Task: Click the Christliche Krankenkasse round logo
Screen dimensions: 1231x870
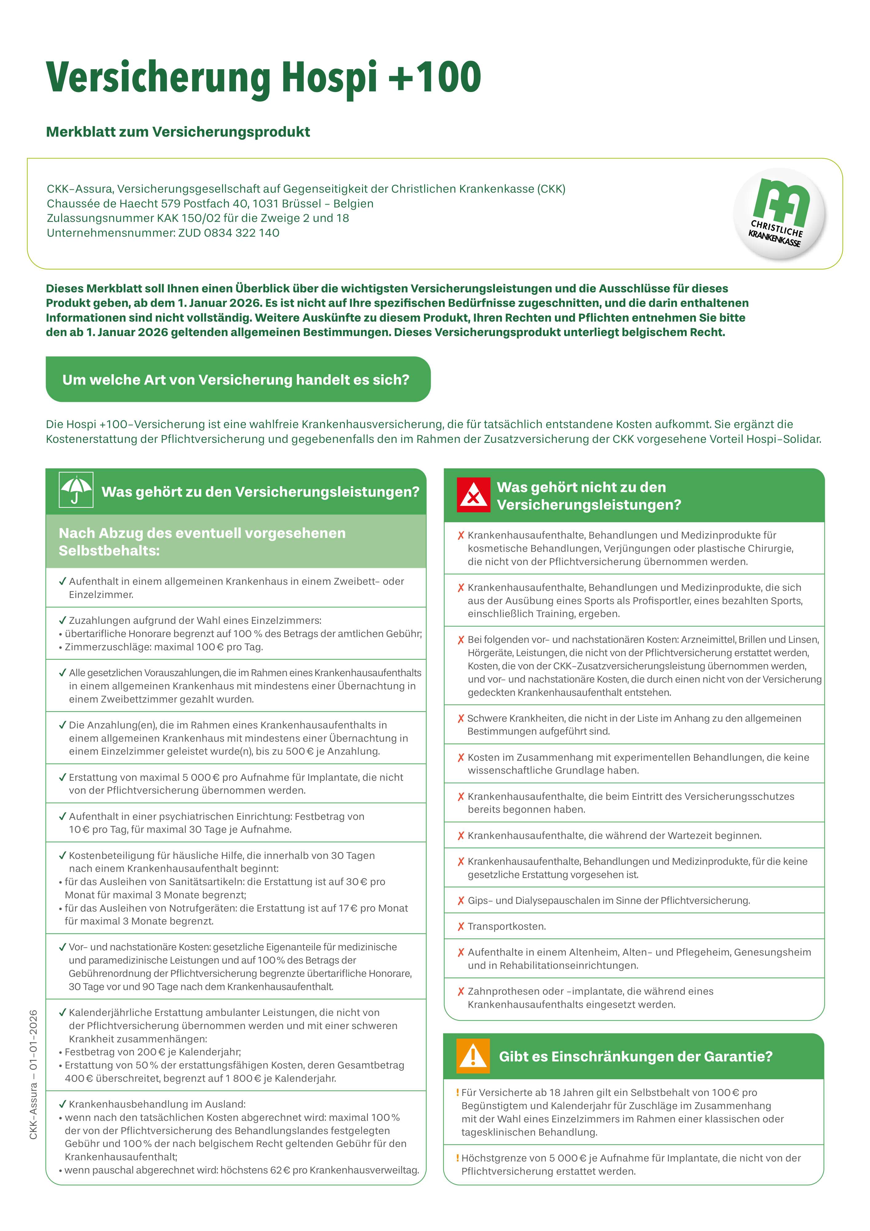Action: point(779,215)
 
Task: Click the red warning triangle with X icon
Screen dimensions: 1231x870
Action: point(473,494)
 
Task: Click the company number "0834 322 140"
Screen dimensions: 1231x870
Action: point(242,233)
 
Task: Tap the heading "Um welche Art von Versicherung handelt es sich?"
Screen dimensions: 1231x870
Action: point(236,379)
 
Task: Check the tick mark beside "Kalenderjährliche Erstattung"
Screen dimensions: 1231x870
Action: point(62,1012)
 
